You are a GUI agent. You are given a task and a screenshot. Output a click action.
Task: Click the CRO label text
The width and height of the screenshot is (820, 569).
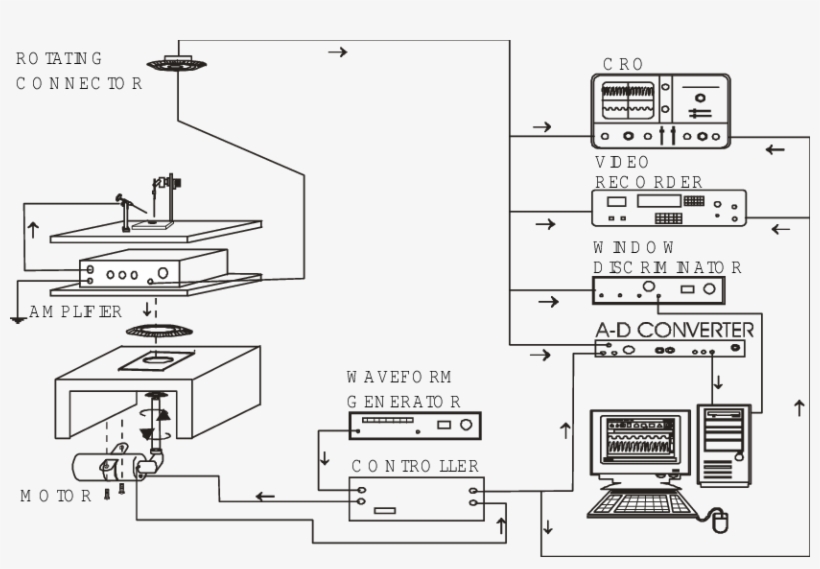[623, 64]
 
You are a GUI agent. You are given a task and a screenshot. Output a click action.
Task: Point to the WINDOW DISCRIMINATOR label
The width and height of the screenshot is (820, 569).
[666, 257]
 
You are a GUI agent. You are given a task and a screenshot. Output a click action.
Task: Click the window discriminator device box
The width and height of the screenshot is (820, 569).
[658, 290]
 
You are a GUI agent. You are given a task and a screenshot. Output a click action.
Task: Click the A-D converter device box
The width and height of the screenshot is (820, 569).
[669, 348]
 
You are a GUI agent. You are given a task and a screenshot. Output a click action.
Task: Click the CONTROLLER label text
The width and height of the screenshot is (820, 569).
[414, 466]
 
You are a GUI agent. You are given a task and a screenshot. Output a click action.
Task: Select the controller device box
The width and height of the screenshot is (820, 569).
[414, 498]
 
